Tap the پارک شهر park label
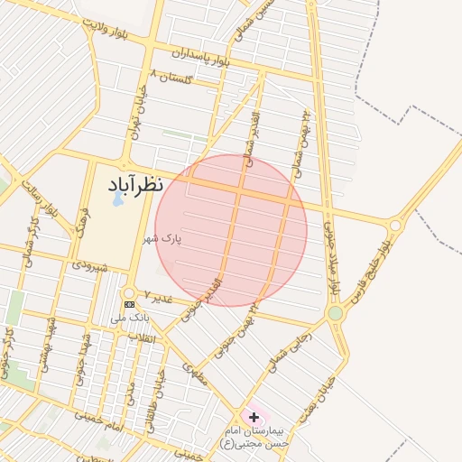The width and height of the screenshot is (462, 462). click(163, 240)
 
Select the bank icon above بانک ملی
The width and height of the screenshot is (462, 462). click(128, 304)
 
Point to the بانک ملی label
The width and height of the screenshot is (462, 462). click(129, 318)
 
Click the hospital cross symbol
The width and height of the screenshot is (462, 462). click(254, 417)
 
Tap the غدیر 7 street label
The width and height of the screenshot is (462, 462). click(158, 297)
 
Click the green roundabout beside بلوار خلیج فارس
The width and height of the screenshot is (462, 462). click(336, 313)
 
